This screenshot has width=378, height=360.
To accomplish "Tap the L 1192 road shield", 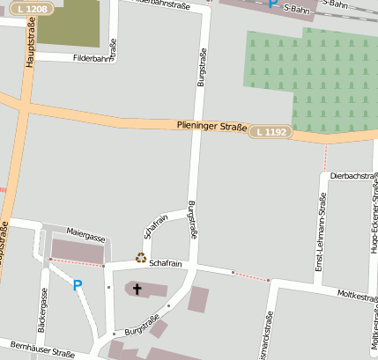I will click(269, 132).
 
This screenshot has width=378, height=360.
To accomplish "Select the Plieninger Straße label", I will click(211, 127).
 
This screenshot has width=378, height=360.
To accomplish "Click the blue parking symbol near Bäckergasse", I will click(77, 285).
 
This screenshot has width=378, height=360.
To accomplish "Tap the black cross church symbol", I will click(137, 287).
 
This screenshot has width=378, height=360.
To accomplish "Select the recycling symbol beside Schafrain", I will click(140, 258).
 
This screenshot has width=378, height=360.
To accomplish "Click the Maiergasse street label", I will click(85, 239).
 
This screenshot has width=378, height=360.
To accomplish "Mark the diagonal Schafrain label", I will click(155, 226).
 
